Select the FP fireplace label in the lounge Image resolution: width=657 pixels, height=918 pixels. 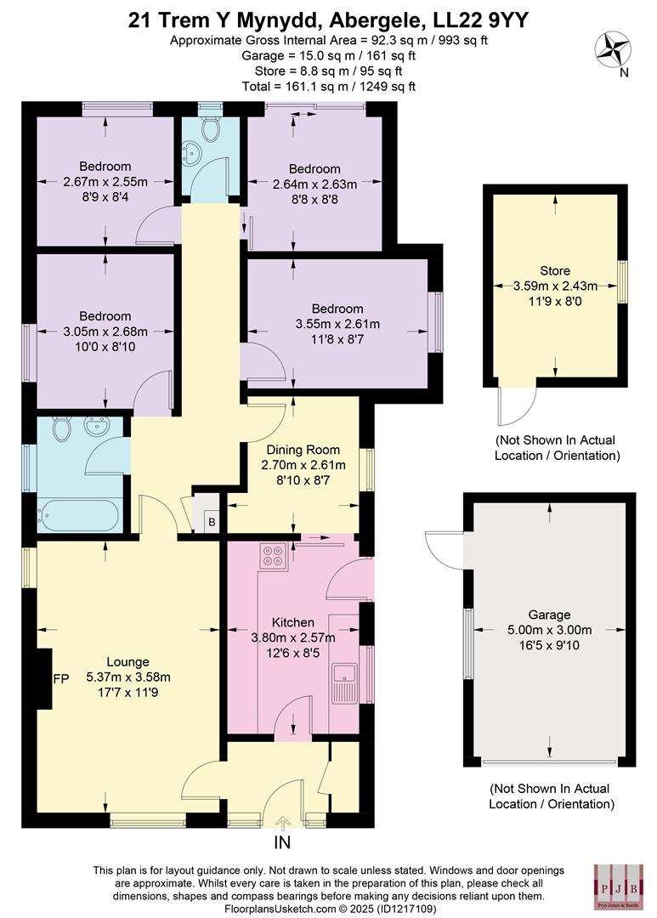coord(60,679)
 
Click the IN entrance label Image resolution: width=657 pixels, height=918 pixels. coord(282,842)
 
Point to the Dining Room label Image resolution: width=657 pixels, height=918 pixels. coord(303,450)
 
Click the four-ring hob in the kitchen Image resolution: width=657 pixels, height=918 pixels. coord(275,557)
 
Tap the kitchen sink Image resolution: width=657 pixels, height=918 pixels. coord(344,682)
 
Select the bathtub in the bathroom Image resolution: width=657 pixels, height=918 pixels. coord(76,515)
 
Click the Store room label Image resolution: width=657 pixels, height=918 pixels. coord(555,271)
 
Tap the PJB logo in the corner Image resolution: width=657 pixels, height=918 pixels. coord(615,886)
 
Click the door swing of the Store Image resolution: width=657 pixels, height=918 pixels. coord(509,407)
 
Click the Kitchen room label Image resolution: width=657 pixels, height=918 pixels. coord(292,622)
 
